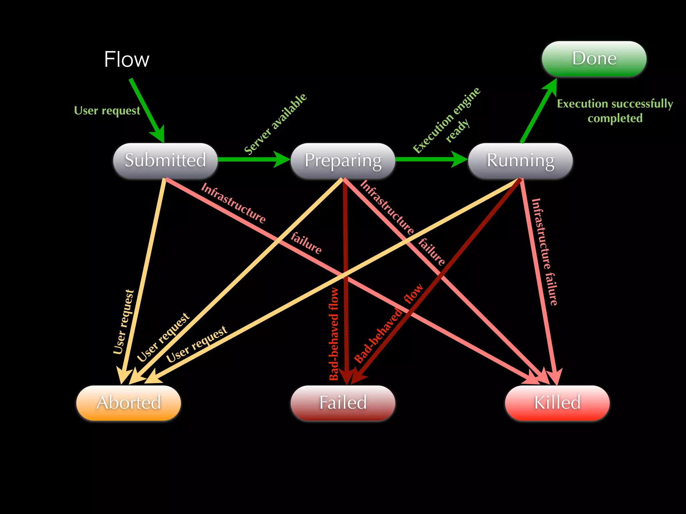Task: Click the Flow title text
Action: tap(127, 60)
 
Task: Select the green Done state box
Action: tap(594, 59)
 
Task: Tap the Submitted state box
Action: tap(165, 160)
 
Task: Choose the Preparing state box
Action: tap(343, 160)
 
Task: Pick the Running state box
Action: tap(520, 160)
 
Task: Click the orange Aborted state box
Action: tap(129, 403)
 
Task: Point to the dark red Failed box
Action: tap(343, 403)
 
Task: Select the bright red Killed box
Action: tap(557, 403)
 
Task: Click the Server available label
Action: tap(275, 124)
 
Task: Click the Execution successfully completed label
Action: tap(615, 111)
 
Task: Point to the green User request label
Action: tap(107, 110)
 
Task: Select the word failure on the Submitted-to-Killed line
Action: tap(306, 243)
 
